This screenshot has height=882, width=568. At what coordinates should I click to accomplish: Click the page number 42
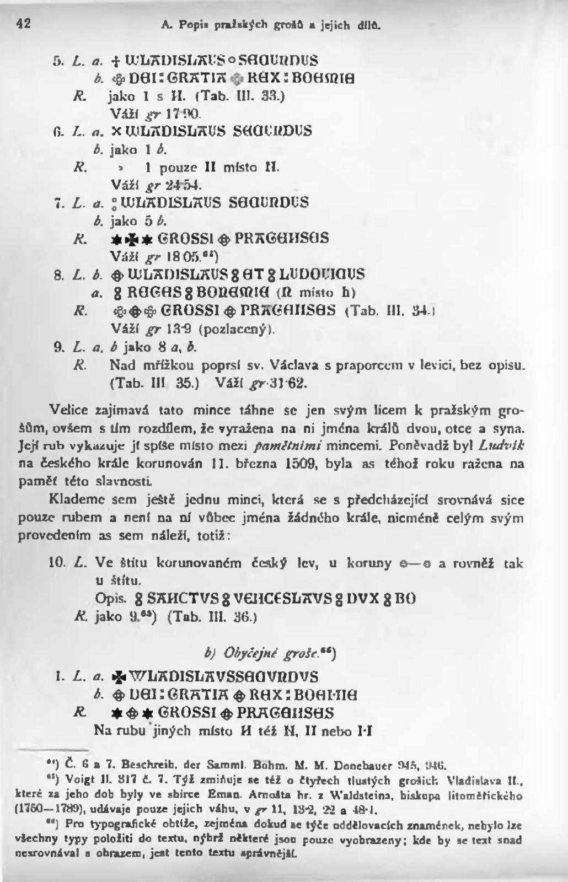pos(23,23)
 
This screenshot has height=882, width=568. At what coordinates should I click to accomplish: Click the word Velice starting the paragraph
pos(65,410)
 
